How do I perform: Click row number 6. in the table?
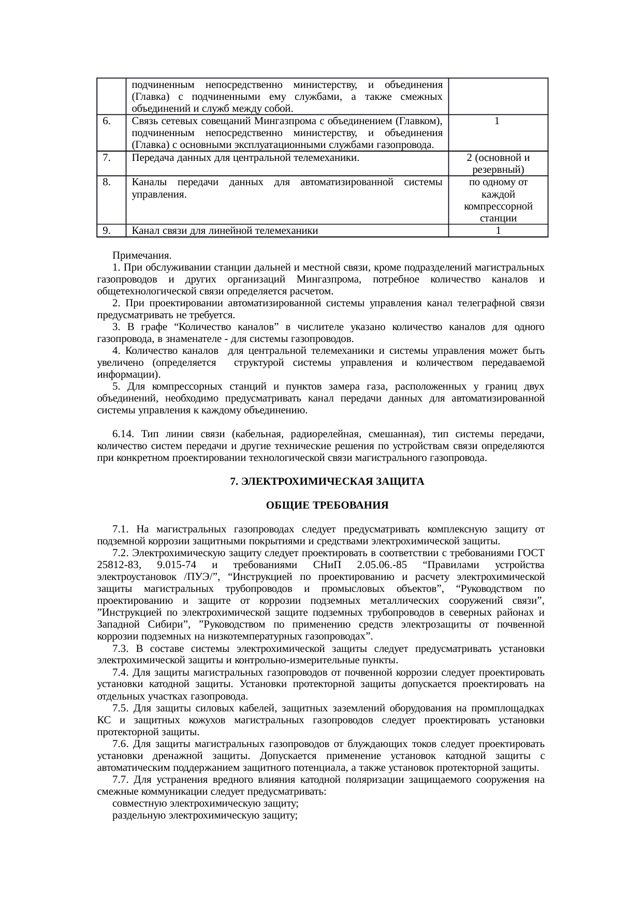coord(106,121)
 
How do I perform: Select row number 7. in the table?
coord(106,158)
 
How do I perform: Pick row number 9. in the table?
coord(106,231)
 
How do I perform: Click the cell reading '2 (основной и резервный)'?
coord(498,163)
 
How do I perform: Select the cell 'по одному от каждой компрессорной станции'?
coord(498,200)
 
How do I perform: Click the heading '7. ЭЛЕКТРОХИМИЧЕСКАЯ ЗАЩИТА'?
coord(327,482)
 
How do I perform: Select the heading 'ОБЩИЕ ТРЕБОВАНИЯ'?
coord(327,505)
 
